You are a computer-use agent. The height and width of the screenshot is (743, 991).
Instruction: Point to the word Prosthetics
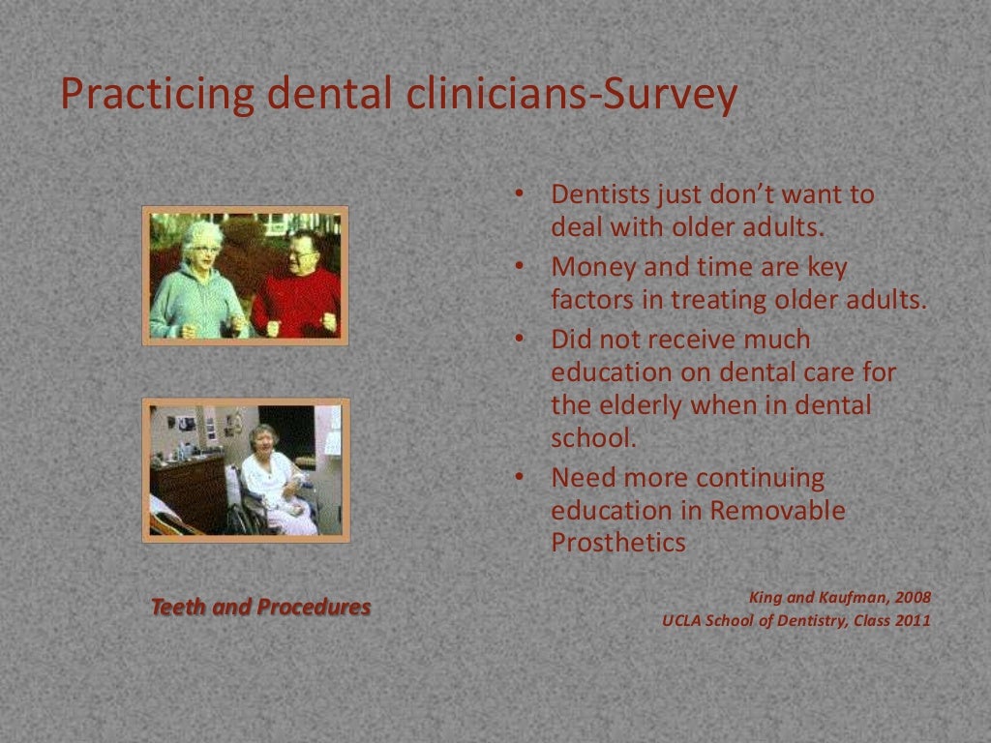tap(618, 543)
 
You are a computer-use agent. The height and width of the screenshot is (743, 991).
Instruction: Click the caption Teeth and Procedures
tap(260, 608)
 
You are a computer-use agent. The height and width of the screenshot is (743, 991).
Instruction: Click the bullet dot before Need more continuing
tap(519, 477)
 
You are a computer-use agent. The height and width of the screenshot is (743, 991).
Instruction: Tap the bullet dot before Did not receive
tap(519, 339)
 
